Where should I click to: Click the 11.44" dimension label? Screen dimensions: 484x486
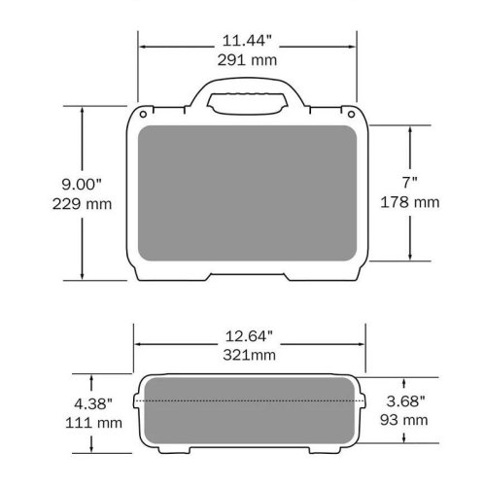pos(247,41)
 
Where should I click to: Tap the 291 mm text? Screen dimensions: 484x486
pos(247,60)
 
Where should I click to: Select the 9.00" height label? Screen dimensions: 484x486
pos(82,185)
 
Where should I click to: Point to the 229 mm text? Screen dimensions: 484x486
pos(82,204)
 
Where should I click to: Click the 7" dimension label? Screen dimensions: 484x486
pos(410,183)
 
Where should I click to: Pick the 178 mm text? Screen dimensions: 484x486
pos(410,202)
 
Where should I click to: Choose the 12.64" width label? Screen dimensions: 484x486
pos(249,336)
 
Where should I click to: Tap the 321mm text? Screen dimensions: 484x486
pos(249,355)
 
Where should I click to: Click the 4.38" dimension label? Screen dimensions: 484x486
pos(93,404)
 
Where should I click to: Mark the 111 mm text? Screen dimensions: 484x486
pos(93,423)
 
